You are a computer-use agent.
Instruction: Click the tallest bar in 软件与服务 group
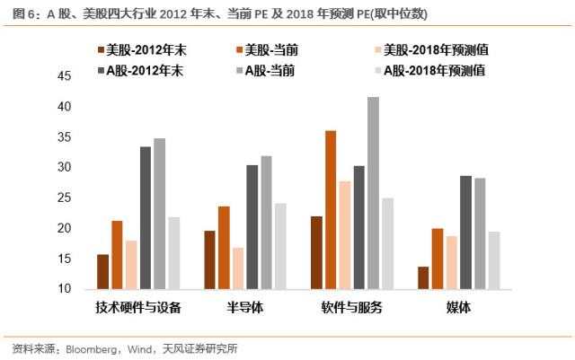[x=373, y=193]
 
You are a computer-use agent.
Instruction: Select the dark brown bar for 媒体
[x=423, y=278]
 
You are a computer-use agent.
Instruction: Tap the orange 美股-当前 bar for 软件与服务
[x=331, y=210]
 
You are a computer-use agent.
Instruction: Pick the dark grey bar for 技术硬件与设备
[x=146, y=218]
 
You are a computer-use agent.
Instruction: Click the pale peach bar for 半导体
[x=238, y=268]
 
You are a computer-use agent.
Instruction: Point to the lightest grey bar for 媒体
[x=494, y=260]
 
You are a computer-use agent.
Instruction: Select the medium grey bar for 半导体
[x=266, y=223]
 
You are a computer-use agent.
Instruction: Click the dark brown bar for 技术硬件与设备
[x=102, y=272]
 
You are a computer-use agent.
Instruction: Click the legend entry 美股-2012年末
[x=142, y=50]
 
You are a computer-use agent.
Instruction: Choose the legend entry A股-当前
[x=266, y=70]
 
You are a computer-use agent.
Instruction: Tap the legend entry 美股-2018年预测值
[x=431, y=50]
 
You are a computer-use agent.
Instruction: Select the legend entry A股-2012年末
[x=140, y=70]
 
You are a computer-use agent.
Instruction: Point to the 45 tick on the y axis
[x=64, y=76]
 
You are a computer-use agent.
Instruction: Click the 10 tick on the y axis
[x=64, y=289]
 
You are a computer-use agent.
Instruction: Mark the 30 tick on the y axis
[x=64, y=167]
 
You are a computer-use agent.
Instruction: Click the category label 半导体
[x=245, y=307]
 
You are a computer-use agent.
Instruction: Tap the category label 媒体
[x=458, y=307]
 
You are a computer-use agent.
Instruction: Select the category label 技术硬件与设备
[x=138, y=307]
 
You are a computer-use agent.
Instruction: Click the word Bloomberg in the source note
[x=91, y=349]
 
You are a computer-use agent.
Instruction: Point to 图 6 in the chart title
[x=23, y=14]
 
